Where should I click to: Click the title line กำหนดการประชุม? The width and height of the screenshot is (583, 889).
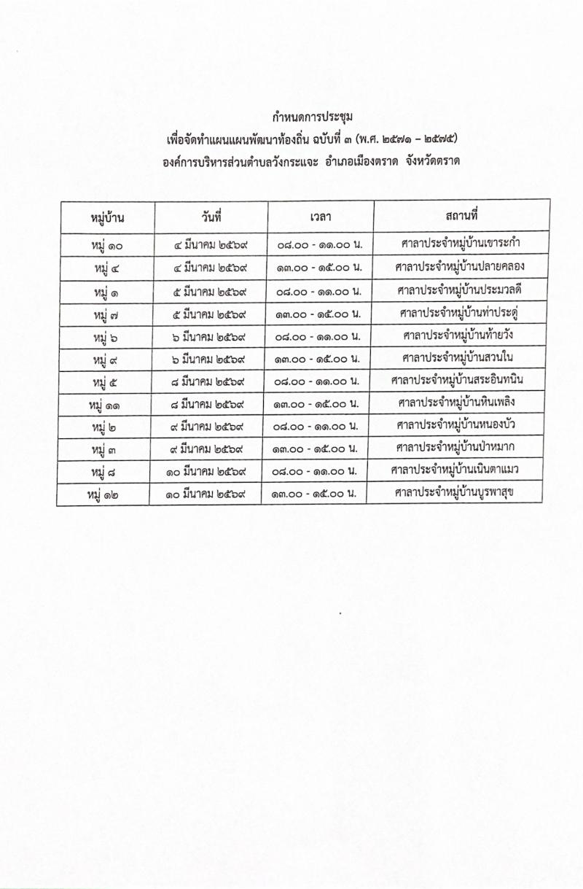click(x=312, y=117)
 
